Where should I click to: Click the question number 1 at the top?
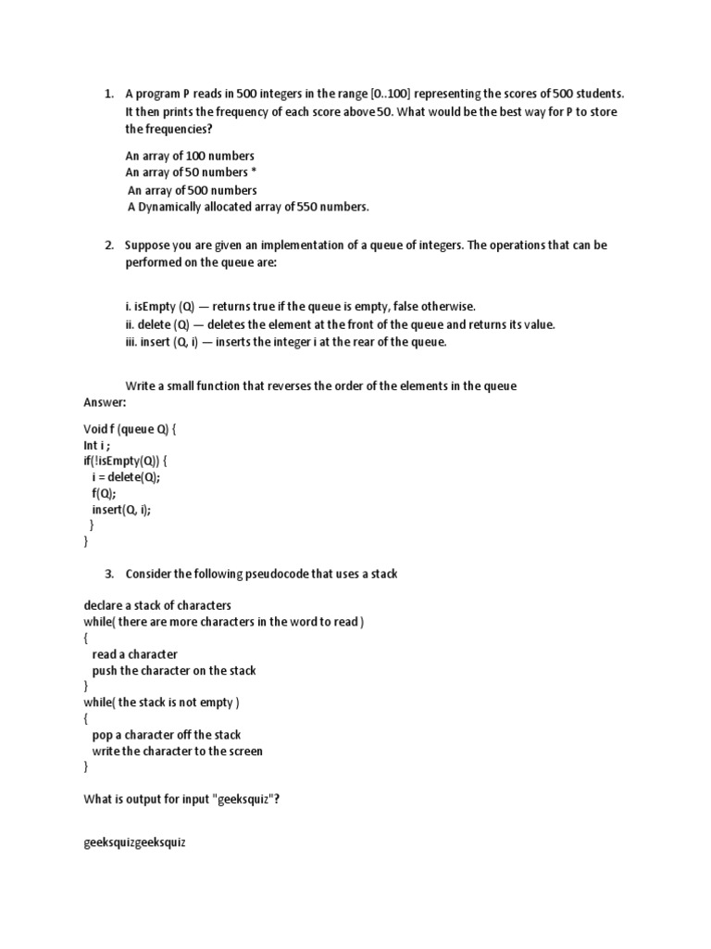[107, 95]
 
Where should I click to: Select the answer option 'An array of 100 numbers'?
[190, 156]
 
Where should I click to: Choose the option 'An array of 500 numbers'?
[192, 190]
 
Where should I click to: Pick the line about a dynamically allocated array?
[247, 207]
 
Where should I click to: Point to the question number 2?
[107, 246]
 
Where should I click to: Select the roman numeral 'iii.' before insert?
[131, 342]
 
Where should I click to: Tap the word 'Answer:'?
[105, 403]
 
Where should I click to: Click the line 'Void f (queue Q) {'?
[130, 429]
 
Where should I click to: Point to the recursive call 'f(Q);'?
[104, 494]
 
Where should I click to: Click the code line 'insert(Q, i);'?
[120, 510]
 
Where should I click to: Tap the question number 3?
[107, 575]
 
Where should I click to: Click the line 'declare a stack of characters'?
[156, 605]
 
